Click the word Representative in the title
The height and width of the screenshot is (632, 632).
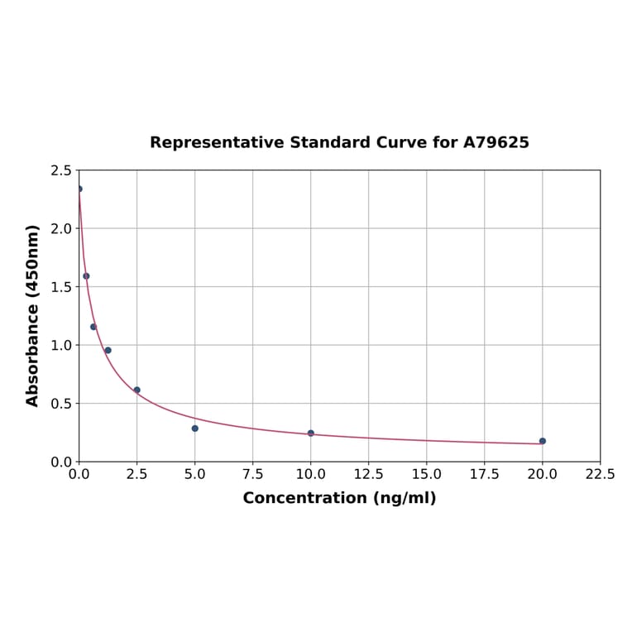pos(217,142)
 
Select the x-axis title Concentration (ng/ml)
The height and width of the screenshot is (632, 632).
pos(339,498)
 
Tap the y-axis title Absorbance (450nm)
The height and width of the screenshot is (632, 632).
pos(33,315)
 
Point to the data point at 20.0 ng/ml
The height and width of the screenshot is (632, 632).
pos(543,441)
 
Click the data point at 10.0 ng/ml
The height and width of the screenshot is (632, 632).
pos(311,433)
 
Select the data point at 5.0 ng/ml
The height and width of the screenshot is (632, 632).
pos(195,429)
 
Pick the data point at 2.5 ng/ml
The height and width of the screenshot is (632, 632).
pos(137,390)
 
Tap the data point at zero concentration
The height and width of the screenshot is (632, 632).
pos(79,189)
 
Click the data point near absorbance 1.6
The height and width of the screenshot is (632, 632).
pos(86,276)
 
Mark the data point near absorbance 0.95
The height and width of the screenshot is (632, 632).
pos(108,350)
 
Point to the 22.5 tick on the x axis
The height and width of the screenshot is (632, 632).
pos(600,475)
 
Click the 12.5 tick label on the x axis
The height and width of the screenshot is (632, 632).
pos(368,475)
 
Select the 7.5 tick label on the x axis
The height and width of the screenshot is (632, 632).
pos(252,475)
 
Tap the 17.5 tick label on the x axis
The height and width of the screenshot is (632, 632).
pos(484,475)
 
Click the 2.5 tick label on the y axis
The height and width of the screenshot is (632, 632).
pos(61,170)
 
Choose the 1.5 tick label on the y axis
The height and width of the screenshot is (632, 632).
pos(61,287)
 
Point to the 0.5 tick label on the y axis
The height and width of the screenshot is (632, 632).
pos(61,404)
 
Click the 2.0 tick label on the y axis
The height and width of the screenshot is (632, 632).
pos(61,228)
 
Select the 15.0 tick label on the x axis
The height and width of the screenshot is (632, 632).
pos(426,475)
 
